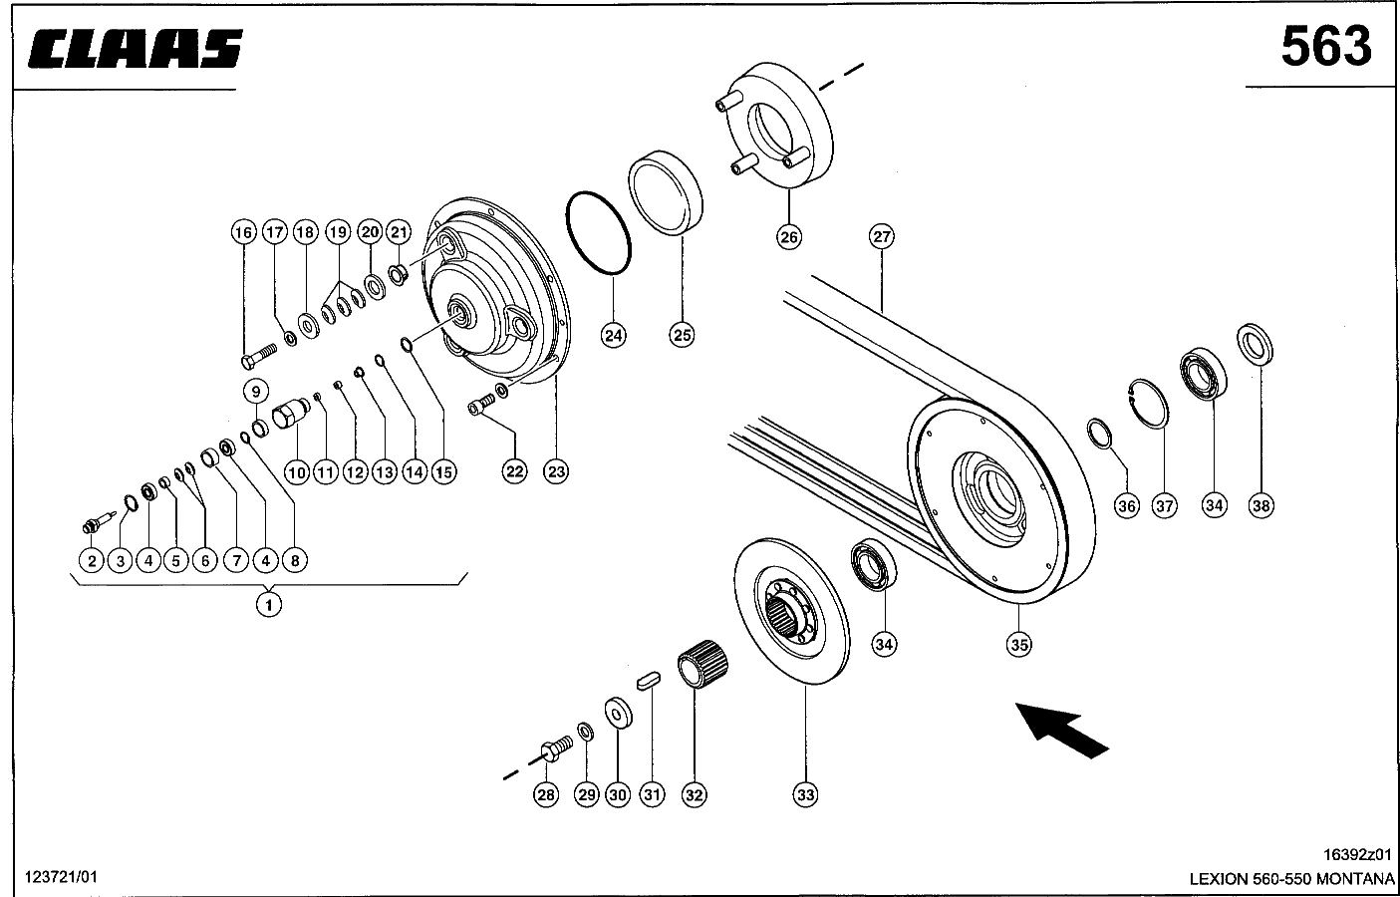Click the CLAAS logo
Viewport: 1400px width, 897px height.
coord(135,48)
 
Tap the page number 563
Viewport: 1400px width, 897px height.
coord(1326,48)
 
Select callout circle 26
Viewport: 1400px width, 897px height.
coord(789,237)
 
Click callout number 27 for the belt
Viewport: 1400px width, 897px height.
coord(881,237)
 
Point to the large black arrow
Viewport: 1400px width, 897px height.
coord(1062,731)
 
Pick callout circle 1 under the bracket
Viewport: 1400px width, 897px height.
coord(269,604)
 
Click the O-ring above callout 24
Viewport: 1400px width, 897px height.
coord(598,232)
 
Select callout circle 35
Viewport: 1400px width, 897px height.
coord(1018,645)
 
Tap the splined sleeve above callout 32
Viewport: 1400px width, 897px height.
coord(703,663)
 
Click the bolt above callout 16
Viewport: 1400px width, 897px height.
coord(258,356)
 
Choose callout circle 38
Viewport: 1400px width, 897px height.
coord(1260,505)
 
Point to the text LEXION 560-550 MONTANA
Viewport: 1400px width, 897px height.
coord(1291,879)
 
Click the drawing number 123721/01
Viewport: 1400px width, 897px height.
coord(61,877)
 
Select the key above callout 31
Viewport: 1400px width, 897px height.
coord(648,681)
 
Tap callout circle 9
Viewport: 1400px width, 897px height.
coord(256,392)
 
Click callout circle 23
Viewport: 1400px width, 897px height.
coord(556,471)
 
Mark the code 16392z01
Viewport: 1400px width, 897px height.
coord(1357,854)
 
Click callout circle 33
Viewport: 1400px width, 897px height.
coord(805,795)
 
